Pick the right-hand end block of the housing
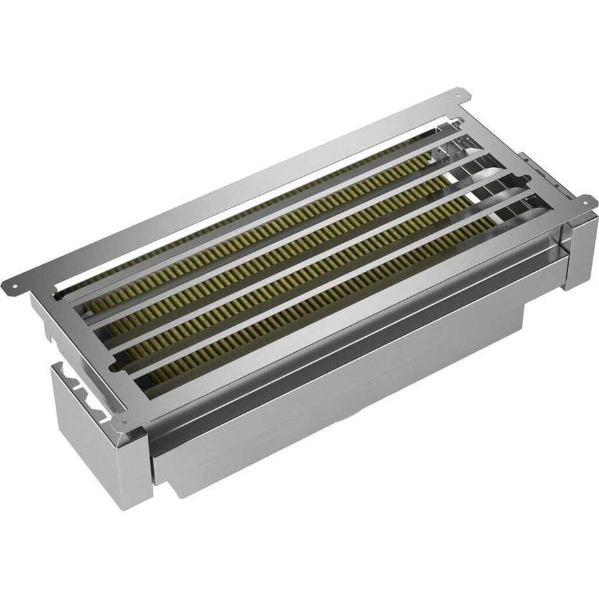click(x=580, y=251)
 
